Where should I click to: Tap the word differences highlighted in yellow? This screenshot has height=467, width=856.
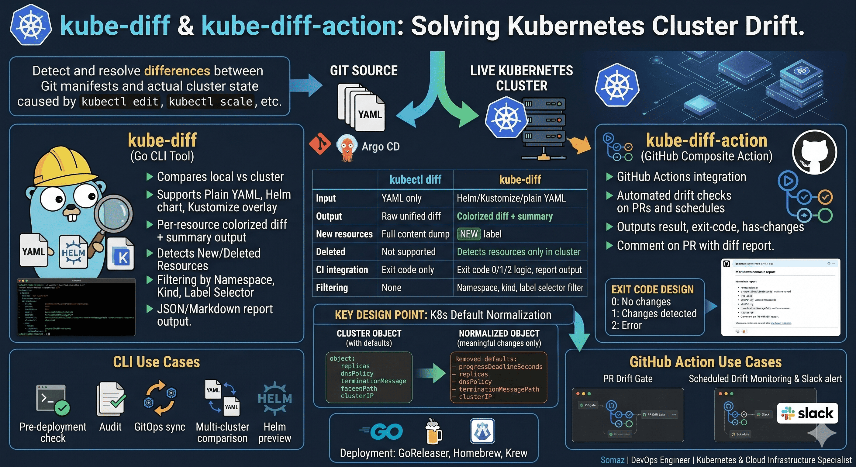177,71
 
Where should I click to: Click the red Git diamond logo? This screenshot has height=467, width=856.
320,144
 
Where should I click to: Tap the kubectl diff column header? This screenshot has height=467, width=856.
415,180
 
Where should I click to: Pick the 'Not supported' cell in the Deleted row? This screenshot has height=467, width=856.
409,252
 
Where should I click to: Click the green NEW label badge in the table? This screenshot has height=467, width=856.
468,234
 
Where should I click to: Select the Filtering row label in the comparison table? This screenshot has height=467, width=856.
332,288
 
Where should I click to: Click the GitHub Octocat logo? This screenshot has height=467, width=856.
814,152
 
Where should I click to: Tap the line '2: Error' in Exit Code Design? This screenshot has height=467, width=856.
626,325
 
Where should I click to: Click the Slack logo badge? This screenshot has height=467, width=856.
807,413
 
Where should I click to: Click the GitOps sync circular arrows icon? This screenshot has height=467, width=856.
160,398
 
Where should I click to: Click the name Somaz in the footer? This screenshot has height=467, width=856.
612,460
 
